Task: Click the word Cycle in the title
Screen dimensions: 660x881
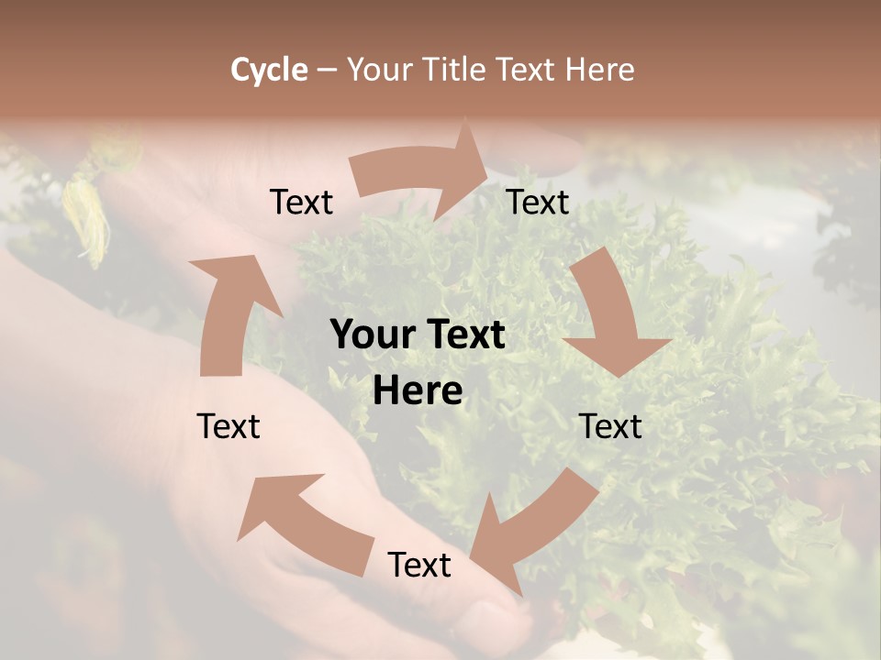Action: click(269, 70)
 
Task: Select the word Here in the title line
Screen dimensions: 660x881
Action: click(599, 70)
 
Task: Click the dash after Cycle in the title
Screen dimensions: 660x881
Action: click(328, 70)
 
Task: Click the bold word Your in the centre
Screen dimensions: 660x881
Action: click(372, 335)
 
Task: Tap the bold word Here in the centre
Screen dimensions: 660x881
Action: click(418, 391)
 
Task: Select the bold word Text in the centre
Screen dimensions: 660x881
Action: click(463, 335)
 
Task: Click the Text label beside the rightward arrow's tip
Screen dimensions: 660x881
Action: click(538, 202)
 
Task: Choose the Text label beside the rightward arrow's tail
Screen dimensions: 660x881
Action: click(301, 202)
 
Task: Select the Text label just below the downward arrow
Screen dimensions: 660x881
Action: click(611, 426)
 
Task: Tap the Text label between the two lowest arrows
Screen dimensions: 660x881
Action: click(419, 565)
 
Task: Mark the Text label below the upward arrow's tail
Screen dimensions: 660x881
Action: click(229, 426)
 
